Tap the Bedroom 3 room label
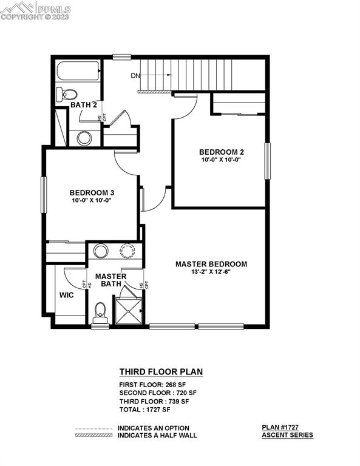pos(92,193)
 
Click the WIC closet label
pos(67,295)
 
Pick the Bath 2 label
pos(84,105)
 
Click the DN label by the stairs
pos(135,76)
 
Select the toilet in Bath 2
pos(68,94)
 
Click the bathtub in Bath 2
pos(78,73)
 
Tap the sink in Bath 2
pos(84,138)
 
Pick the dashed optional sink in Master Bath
pos(128,251)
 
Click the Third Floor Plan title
pos(160,372)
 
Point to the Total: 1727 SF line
pos(146,410)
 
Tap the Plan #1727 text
pos(288,427)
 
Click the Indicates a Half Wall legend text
pos(157,435)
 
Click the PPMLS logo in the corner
pos(36,10)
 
